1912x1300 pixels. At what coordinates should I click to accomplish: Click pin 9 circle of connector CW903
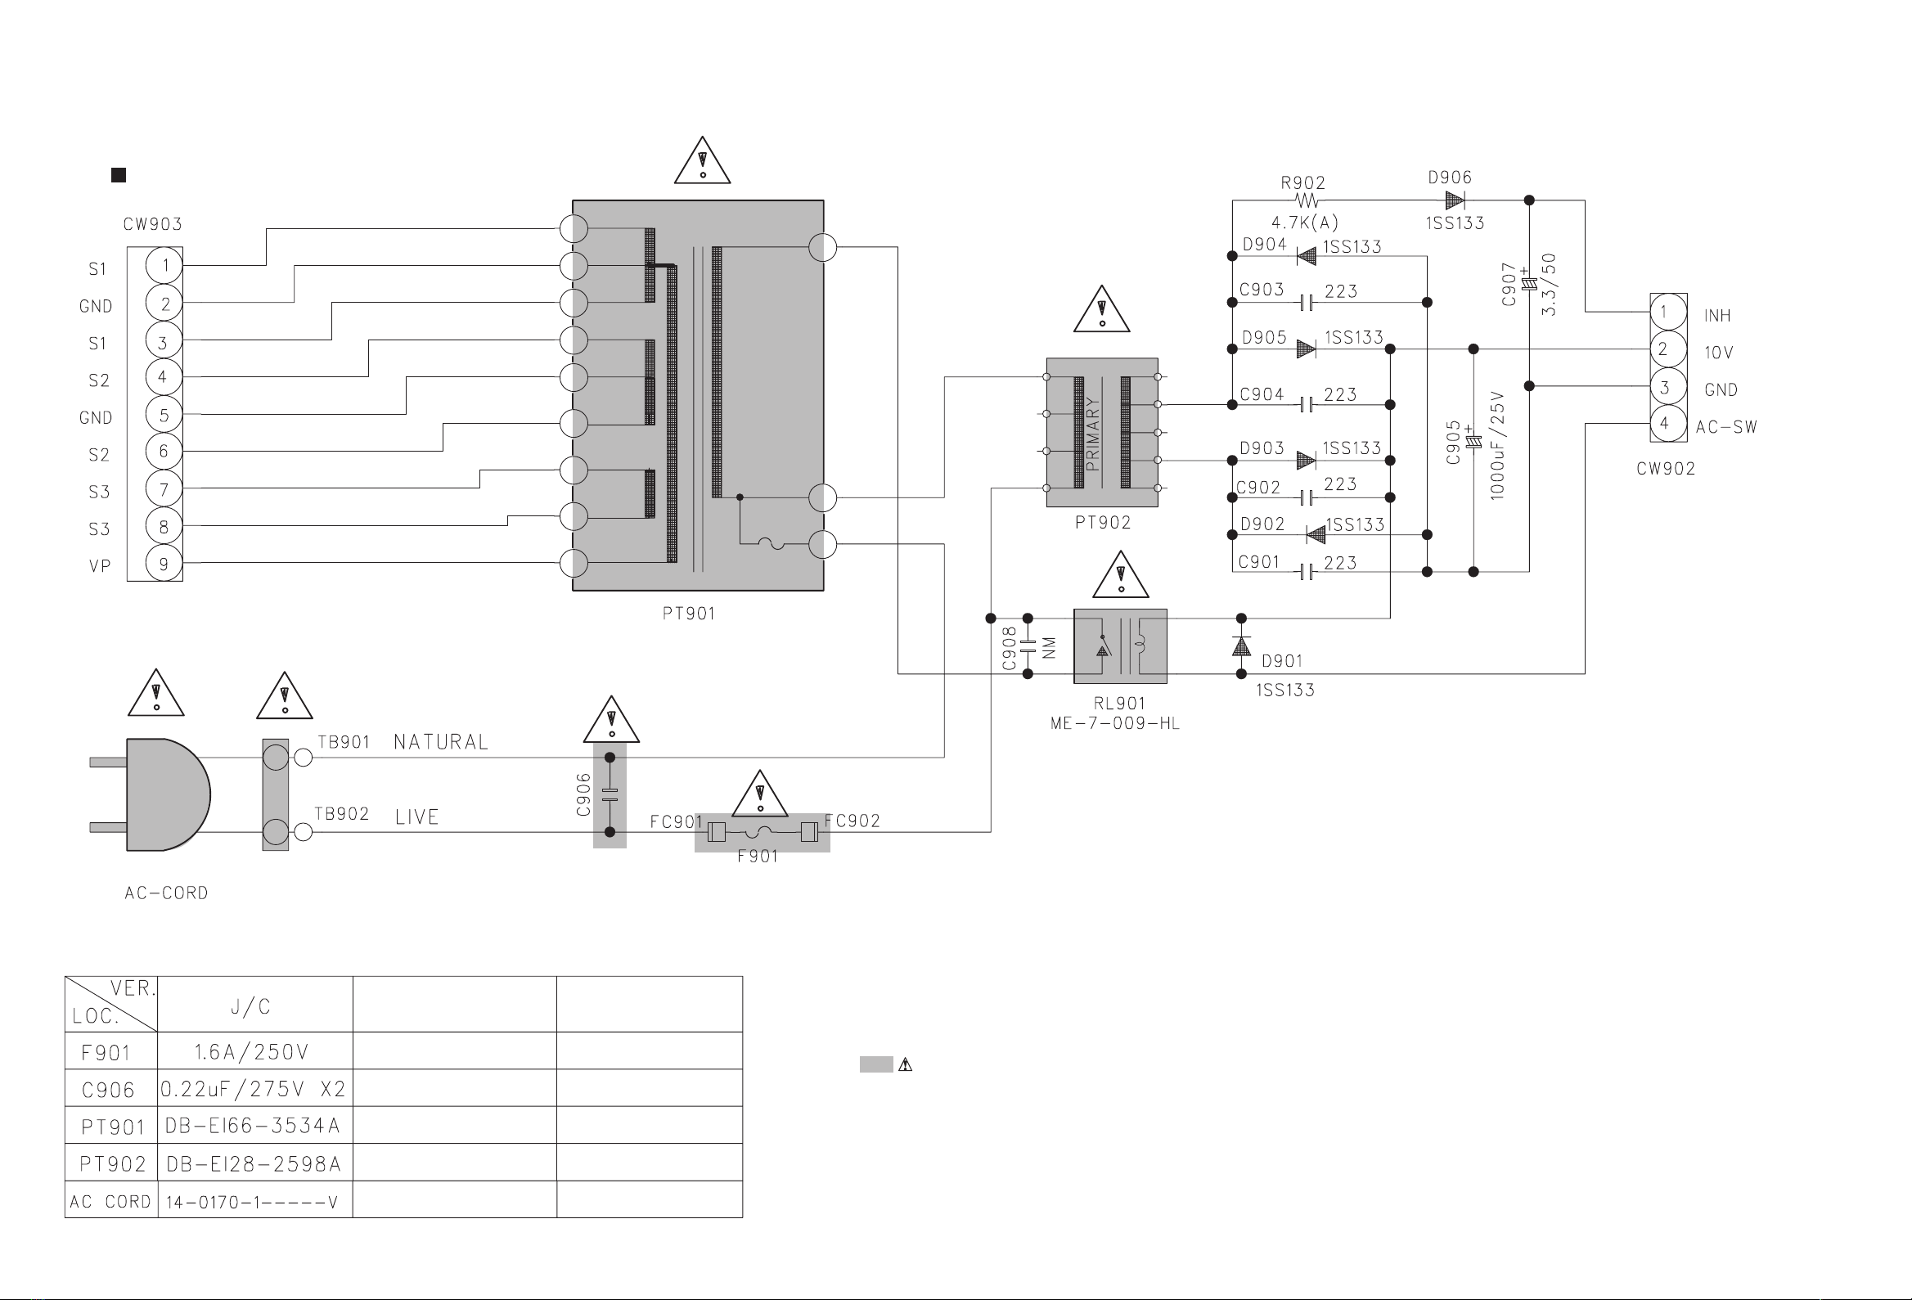pos(164,564)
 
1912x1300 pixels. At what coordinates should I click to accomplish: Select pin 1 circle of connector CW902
pos(1663,312)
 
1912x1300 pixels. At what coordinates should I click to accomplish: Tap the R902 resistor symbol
pos(1307,200)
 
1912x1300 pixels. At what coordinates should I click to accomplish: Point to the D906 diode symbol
pos(1455,200)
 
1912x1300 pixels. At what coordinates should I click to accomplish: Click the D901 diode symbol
pos(1241,646)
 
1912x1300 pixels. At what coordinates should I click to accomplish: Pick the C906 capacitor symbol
pos(610,795)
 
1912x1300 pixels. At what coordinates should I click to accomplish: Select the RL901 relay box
pos(1120,646)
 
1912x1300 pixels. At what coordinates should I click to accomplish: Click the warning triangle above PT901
pos(702,160)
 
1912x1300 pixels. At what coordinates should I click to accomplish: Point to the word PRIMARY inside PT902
pos(1092,433)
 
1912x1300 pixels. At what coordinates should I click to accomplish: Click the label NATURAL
pos(441,742)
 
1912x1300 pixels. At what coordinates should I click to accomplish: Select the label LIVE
pos(417,817)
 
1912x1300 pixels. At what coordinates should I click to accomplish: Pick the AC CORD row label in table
pos(111,1201)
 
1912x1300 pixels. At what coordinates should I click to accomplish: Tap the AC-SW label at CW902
pos(1726,427)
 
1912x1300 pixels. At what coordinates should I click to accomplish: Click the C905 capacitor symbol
pos(1473,442)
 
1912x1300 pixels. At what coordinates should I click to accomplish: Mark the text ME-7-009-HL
pos(1115,724)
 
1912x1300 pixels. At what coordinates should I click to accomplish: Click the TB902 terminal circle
pos(304,832)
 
